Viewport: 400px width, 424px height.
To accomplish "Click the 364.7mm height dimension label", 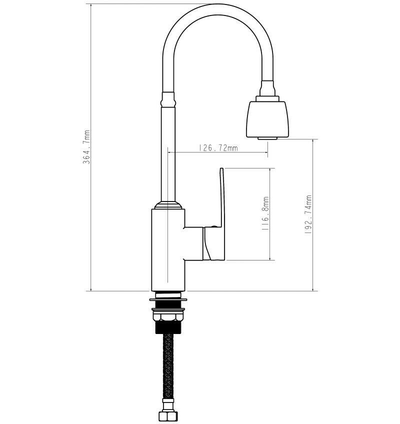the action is pos(86,147).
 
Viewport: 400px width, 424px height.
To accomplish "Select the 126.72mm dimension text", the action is pos(218,148).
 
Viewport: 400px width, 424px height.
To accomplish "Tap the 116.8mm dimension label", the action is pos(265,213).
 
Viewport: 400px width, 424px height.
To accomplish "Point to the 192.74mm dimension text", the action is pos(308,214).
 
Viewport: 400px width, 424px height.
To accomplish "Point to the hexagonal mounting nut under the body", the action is pos(167,316).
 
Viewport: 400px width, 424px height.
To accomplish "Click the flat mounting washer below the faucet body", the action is pos(168,299).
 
